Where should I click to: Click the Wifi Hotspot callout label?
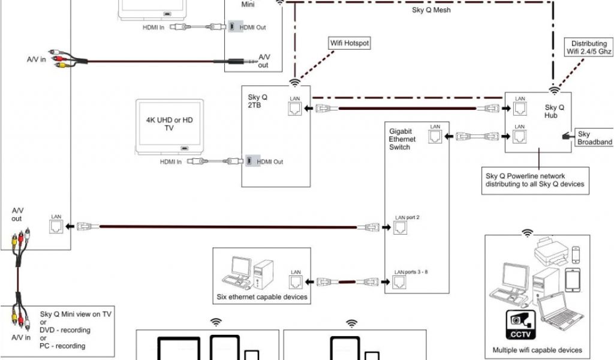pos(350,43)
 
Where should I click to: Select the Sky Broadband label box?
pos(594,138)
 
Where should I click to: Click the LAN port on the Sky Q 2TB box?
pos(295,109)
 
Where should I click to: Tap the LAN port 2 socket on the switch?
pos(400,227)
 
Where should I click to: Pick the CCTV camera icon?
pos(519,323)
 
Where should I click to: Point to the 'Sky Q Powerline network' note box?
pos(534,180)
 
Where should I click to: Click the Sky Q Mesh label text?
pos(431,10)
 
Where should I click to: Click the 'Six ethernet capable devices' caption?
pos(262,297)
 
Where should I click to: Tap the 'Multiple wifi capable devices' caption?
pos(537,350)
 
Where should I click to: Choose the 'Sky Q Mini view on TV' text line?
pos(76,314)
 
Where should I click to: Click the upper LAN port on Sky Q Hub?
pos(520,109)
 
